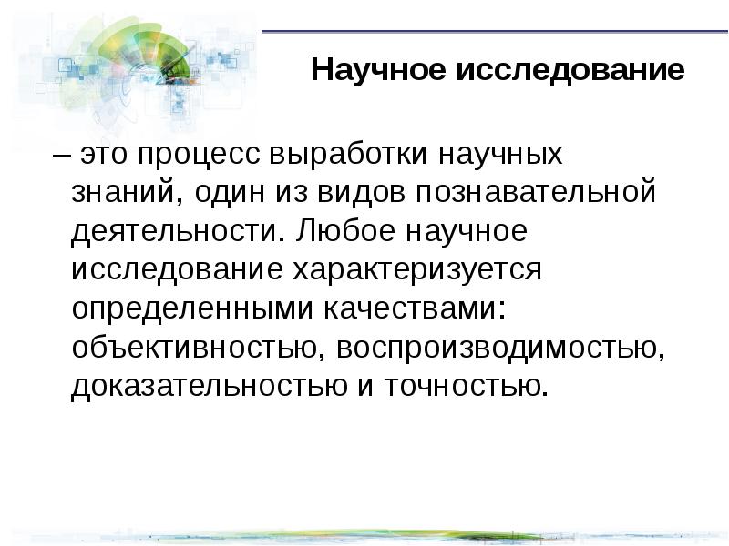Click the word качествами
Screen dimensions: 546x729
tap(409, 309)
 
